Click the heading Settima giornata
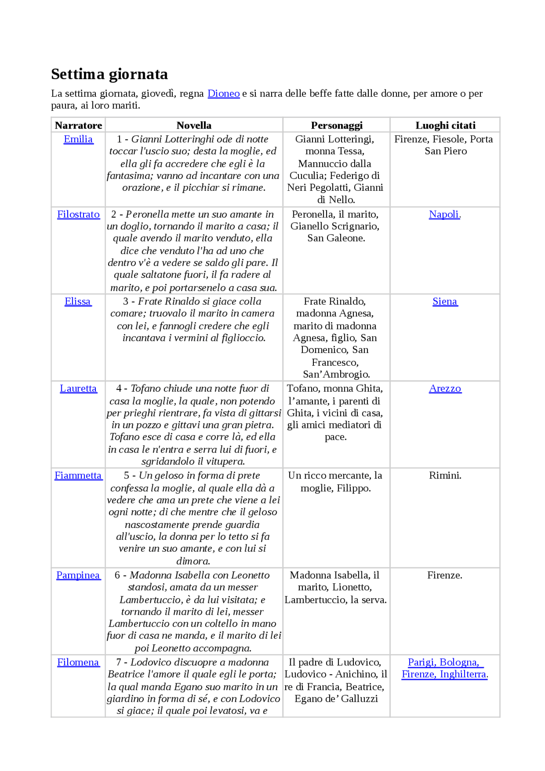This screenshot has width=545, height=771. (109, 74)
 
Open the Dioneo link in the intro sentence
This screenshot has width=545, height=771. (224, 93)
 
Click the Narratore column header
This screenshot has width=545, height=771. (78, 125)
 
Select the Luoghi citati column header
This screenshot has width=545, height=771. (445, 125)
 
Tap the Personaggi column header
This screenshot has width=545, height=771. (336, 125)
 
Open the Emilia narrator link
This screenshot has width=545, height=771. (78, 139)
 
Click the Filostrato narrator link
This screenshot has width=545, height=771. (78, 215)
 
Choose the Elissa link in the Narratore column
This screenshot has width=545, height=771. (78, 301)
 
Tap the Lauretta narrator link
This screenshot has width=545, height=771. (78, 389)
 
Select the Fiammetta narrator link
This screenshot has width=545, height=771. (78, 476)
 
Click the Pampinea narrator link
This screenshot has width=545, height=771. (78, 575)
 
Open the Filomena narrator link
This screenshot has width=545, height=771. (78, 662)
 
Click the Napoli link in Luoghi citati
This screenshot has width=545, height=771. (444, 215)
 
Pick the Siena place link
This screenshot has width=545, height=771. (445, 301)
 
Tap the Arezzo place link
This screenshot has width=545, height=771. (445, 389)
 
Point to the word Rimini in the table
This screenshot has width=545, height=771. (445, 476)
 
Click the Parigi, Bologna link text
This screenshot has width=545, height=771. (443, 662)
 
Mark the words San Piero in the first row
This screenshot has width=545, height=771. (445, 152)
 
